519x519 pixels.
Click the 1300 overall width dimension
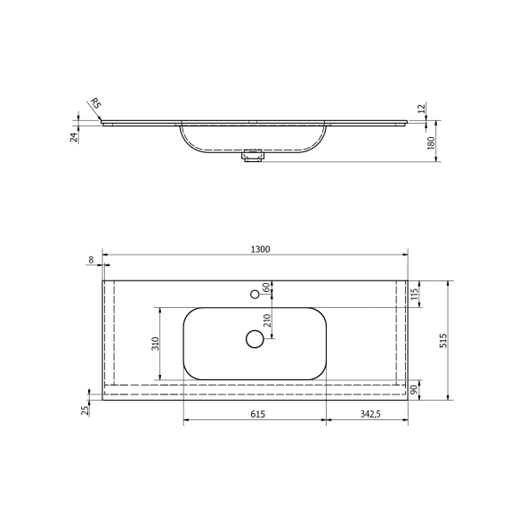point(260,249)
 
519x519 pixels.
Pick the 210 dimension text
point(266,321)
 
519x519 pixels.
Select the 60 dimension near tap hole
point(266,288)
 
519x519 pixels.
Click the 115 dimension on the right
point(414,293)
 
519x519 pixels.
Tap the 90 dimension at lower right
point(414,390)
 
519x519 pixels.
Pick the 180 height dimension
point(437,142)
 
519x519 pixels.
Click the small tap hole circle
point(255,293)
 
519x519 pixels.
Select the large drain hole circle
point(255,337)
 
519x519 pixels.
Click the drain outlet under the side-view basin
point(252,156)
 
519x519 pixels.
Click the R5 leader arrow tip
point(103,121)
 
